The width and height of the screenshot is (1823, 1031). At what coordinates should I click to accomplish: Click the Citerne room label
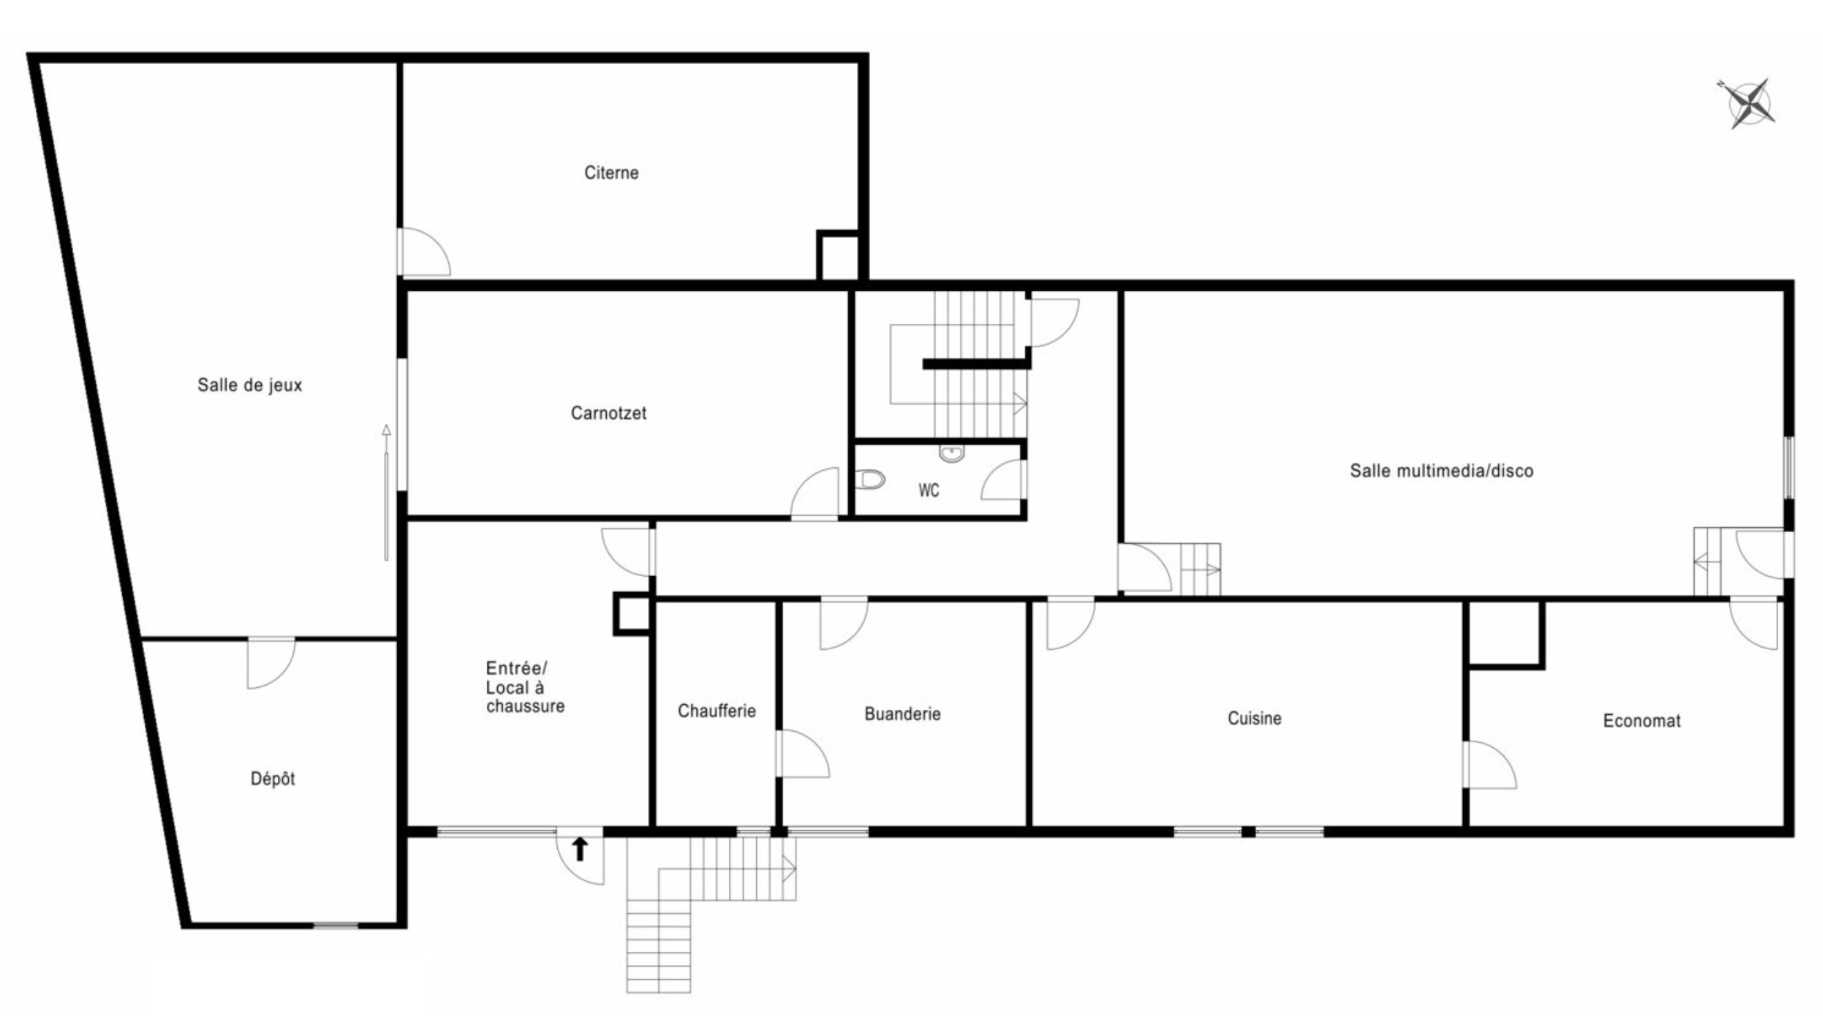(x=611, y=173)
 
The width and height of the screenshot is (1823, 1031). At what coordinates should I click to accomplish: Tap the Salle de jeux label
(x=250, y=385)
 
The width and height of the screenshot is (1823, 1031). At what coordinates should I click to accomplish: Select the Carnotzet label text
(x=608, y=413)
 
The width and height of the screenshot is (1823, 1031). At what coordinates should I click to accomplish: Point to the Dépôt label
(x=272, y=778)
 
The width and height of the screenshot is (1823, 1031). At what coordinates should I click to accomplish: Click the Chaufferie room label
(x=717, y=711)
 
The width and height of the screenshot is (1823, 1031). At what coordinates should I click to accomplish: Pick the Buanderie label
(x=903, y=714)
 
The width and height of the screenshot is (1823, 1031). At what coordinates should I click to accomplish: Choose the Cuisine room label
(x=1254, y=718)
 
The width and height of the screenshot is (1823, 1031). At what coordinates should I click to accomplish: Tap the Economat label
(x=1642, y=721)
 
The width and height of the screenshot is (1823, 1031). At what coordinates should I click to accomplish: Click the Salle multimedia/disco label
(x=1441, y=471)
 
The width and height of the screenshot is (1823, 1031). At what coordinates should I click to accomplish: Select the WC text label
(x=929, y=490)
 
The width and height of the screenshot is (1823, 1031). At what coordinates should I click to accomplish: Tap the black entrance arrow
(x=580, y=848)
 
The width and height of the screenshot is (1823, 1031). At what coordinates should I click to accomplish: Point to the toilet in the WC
(x=870, y=480)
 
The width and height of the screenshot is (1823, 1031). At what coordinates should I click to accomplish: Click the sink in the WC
(x=952, y=453)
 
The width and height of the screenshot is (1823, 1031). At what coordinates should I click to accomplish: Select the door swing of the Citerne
(x=425, y=252)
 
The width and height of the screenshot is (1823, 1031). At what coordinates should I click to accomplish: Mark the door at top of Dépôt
(x=271, y=664)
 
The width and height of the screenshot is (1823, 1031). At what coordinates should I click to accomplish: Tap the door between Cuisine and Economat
(x=1490, y=765)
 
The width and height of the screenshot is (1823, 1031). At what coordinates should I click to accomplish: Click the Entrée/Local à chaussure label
(x=525, y=687)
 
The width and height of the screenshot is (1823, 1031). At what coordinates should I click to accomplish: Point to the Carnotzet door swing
(x=814, y=493)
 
